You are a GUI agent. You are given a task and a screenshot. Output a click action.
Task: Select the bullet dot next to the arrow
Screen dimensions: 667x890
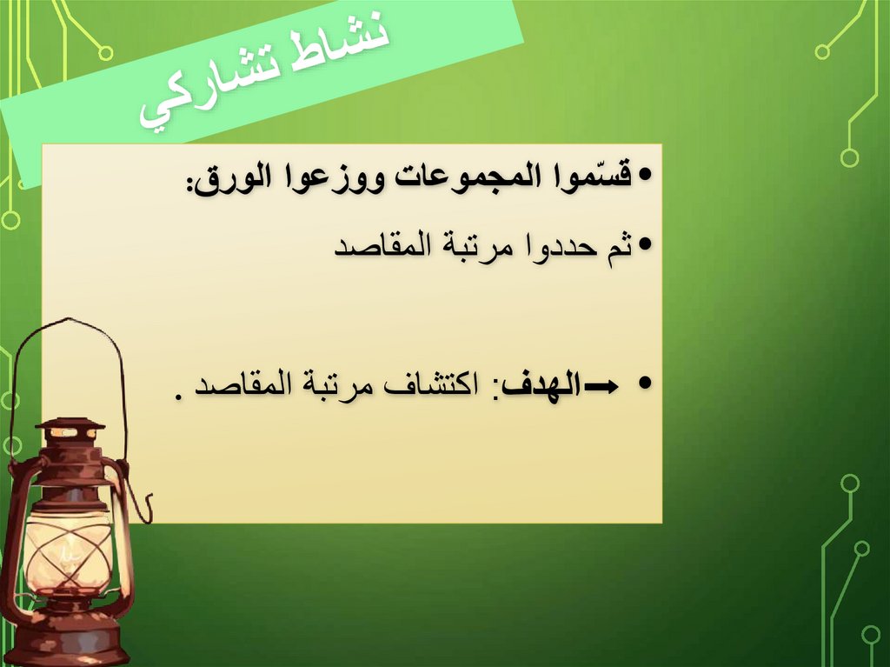[x=644, y=384]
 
